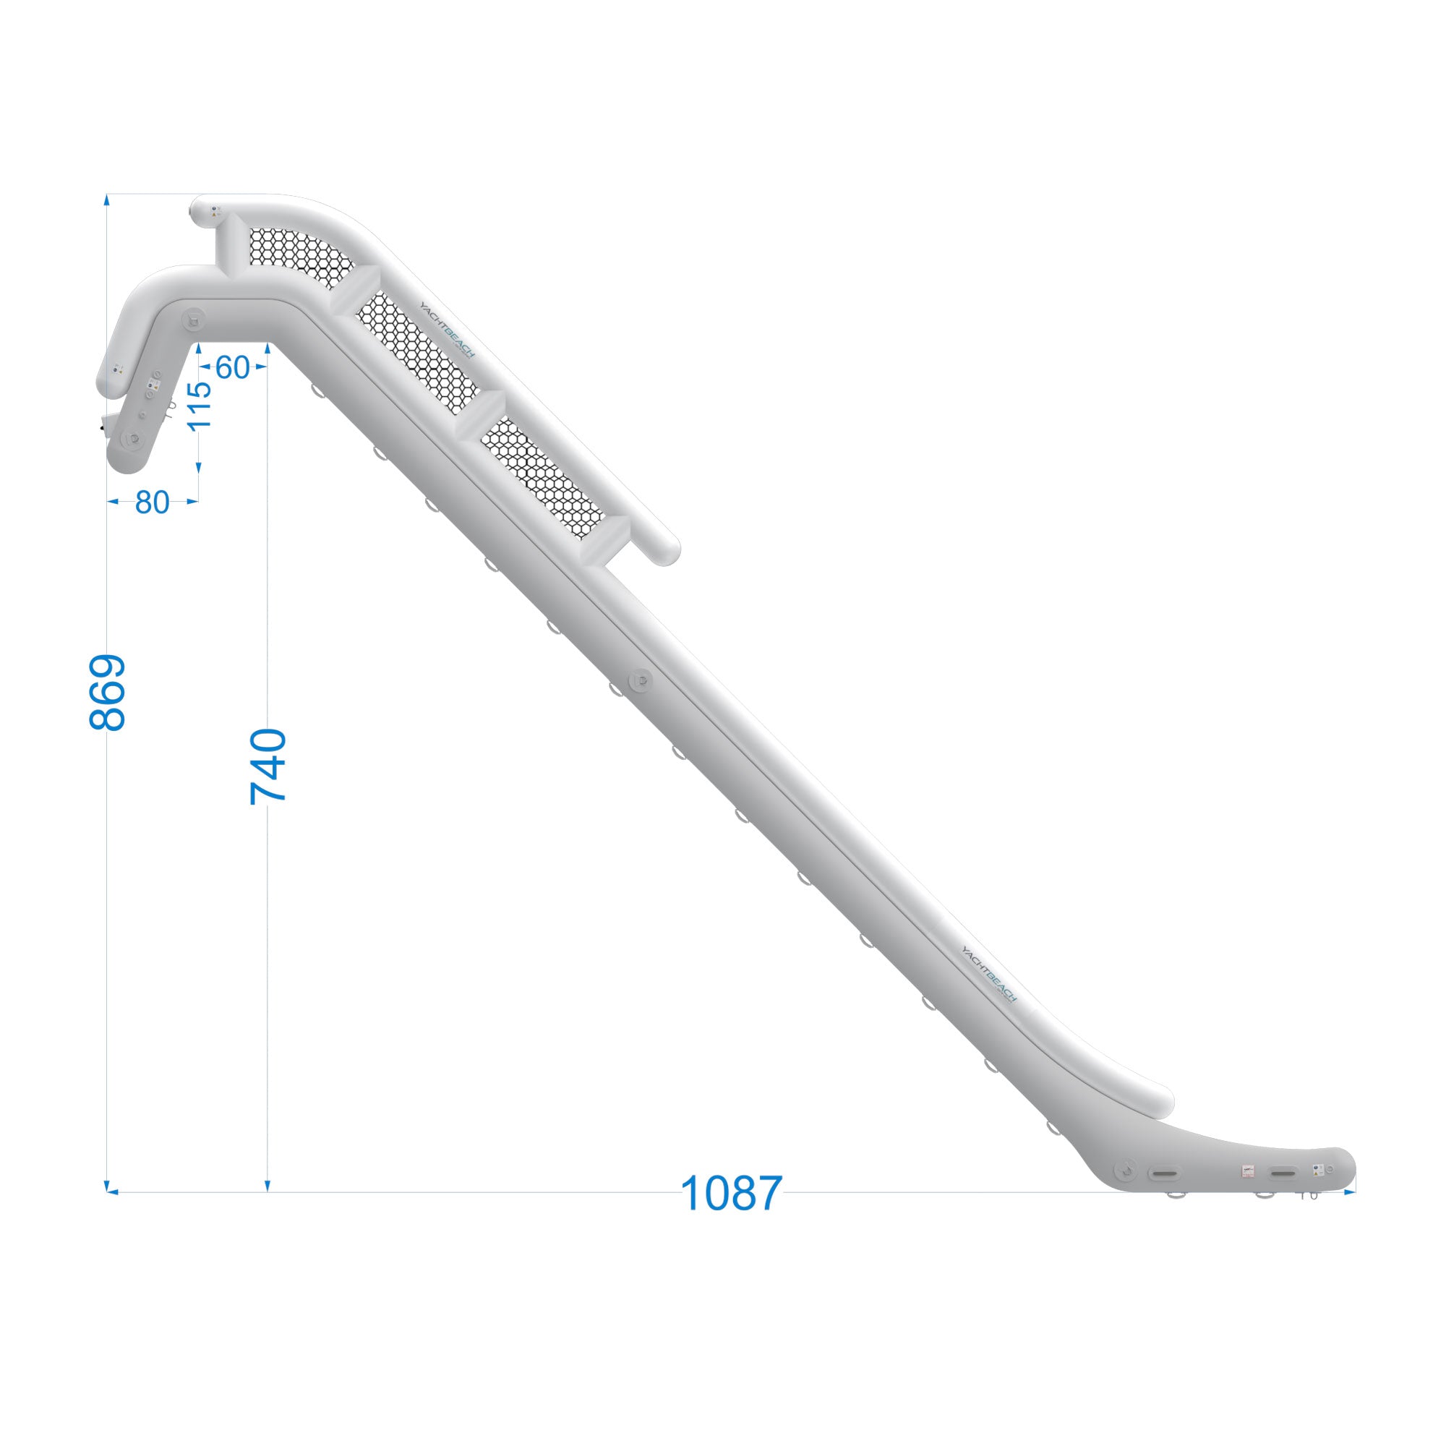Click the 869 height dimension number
(107, 693)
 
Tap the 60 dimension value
(232, 367)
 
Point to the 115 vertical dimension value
(199, 406)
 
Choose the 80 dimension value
(152, 504)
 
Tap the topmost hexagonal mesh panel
(299, 254)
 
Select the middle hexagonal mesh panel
(416, 352)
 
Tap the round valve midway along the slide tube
(641, 680)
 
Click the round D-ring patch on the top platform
(194, 320)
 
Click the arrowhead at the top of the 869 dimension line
(107, 200)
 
